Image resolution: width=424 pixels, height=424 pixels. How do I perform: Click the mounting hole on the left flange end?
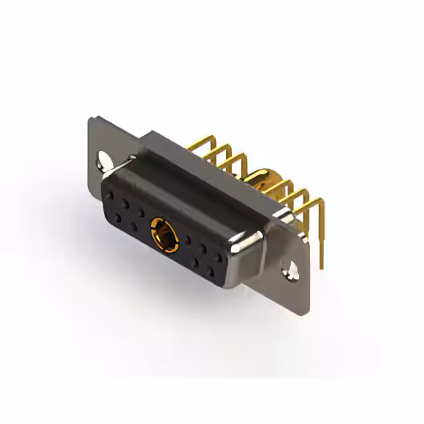click(x=104, y=159)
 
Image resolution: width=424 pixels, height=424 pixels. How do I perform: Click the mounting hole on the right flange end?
click(x=290, y=268)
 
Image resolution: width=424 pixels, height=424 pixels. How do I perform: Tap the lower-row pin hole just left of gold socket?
click(x=134, y=228)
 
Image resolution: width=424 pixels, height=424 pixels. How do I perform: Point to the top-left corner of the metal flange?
click(x=91, y=119)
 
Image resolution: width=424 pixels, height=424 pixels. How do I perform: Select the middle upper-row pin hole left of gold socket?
click(x=128, y=205)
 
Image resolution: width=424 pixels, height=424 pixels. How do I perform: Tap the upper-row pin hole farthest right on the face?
click(x=219, y=256)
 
